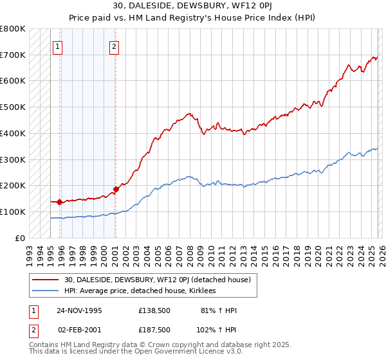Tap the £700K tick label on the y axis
point(13,55)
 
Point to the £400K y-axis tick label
point(13,133)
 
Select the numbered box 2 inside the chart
point(114,46)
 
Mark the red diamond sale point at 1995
point(60,202)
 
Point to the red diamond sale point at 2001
point(116,189)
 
